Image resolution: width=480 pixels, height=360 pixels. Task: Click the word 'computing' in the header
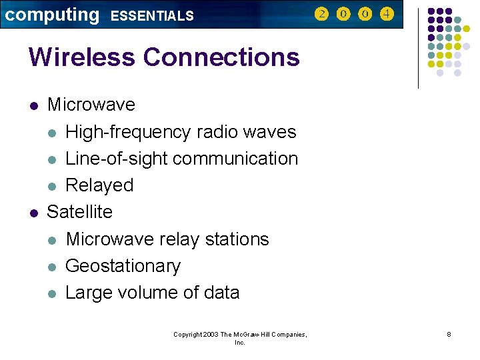tap(51, 15)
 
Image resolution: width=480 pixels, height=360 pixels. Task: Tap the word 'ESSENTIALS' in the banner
tap(152, 16)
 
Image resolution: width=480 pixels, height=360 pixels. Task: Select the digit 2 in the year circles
tap(321, 14)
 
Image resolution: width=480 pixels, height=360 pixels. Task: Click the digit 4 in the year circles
tap(387, 14)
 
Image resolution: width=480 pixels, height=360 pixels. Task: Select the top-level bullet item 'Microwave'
tap(91, 105)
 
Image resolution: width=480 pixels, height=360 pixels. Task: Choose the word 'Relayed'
tap(99, 185)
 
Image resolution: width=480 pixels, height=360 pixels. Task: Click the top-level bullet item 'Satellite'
tap(80, 212)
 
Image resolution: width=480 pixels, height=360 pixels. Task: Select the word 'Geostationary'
tap(123, 266)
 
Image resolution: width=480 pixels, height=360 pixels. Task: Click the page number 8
tap(449, 334)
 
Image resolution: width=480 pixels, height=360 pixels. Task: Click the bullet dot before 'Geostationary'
tap(52, 267)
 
